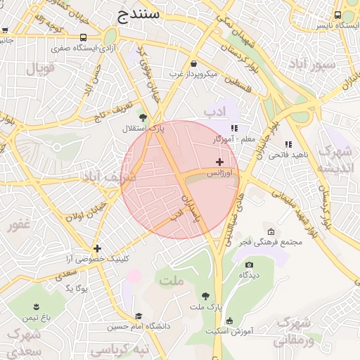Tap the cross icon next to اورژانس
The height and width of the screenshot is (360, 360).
pos(220,162)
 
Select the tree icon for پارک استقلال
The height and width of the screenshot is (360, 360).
pos(143,117)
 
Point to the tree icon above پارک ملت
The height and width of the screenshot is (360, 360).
pos(205,297)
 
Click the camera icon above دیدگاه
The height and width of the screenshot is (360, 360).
pos(249,264)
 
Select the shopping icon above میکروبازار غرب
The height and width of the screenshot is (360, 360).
pos(193,63)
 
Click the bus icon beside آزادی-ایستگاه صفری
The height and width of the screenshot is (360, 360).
pos(84,38)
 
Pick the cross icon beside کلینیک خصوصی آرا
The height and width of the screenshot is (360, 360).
pos(97,247)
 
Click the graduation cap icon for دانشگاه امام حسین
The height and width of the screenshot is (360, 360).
pos(139,316)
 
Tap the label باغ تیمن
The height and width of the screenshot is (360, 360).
pos(35,318)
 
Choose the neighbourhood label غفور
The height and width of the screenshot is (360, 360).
pos(19,226)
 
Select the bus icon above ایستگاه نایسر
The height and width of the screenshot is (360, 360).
pos(338,15)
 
